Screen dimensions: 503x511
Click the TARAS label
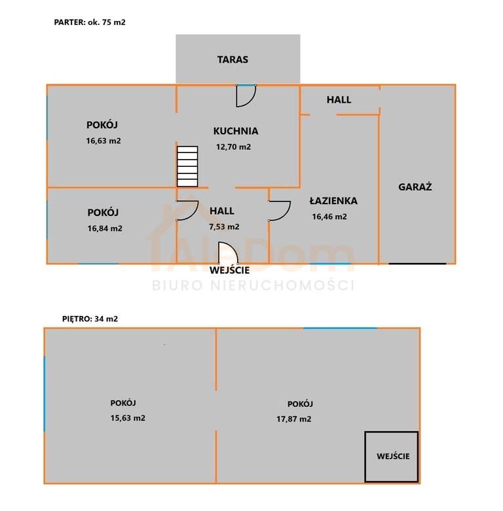233,60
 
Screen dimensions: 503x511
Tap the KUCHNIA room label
236,131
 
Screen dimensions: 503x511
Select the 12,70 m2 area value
234,147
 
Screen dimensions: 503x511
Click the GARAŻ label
415,186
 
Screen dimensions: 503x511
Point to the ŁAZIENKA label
333,201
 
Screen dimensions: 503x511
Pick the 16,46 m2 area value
329,217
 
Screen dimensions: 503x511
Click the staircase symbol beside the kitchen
187,166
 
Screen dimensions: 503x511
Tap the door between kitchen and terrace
246,96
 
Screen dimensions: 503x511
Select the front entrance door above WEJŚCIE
229,253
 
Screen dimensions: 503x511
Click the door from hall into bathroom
280,211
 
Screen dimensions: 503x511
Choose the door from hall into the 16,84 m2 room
187,211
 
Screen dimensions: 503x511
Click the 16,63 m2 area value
103,141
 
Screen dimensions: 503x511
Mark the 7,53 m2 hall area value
224,226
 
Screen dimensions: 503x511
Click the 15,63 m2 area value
128,418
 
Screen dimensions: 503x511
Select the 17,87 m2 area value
294,419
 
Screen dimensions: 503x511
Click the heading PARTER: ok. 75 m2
90,22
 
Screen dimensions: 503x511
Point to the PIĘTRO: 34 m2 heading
90,319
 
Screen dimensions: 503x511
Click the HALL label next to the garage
339,99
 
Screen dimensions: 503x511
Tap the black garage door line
417,263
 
